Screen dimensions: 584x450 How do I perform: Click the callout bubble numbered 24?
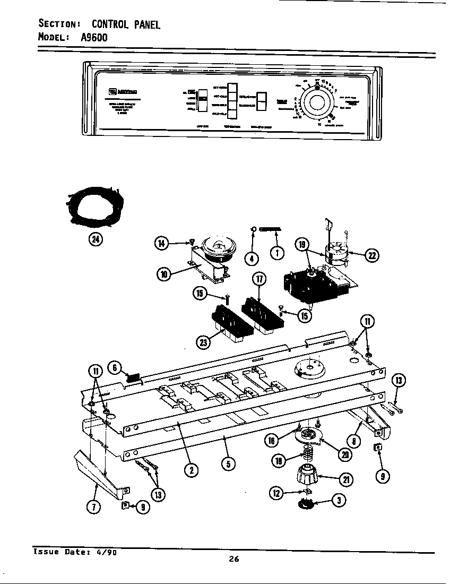pos(96,239)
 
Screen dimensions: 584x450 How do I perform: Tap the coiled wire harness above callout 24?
pos(96,208)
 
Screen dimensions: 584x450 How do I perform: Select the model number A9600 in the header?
pos(95,38)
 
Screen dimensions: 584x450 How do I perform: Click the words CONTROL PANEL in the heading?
pos(126,24)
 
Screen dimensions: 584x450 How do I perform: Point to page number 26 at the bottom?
pos(234,558)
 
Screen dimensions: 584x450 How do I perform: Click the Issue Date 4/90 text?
pos(75,552)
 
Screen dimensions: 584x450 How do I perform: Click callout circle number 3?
pos(337,500)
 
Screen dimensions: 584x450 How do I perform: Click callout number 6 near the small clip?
pos(116,367)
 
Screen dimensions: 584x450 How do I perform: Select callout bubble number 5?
pos(228,463)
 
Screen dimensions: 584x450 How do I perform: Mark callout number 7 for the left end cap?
pos(93,507)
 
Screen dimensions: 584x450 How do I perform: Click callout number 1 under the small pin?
pos(276,253)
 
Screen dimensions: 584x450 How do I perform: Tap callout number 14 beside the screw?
pos(161,244)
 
